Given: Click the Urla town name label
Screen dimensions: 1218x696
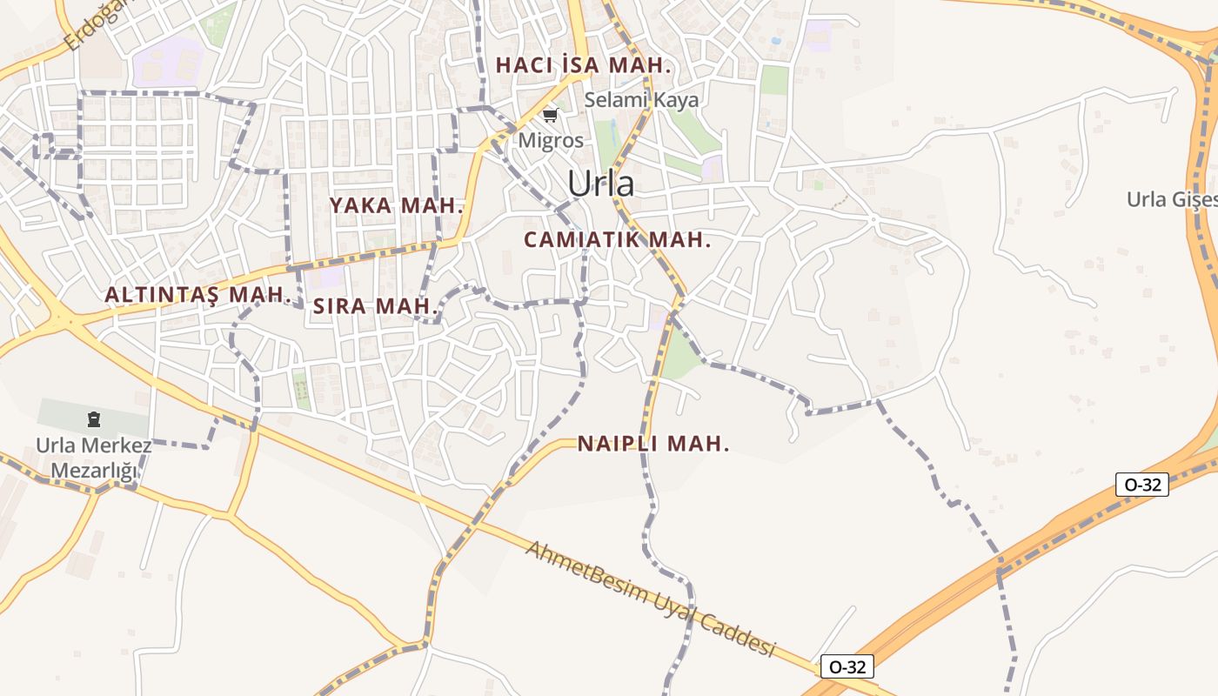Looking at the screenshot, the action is pyautogui.click(x=600, y=184).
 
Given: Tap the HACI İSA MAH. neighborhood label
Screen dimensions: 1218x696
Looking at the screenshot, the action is pyautogui.click(x=583, y=65).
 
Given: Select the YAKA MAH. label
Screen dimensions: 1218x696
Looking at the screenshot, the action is pyautogui.click(x=395, y=206).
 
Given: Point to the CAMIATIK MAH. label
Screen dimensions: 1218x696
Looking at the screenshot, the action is pyautogui.click(x=617, y=240).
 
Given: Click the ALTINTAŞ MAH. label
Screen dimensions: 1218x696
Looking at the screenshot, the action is pyautogui.click(x=197, y=295).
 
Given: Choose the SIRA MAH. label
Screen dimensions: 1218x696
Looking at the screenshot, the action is pyautogui.click(x=374, y=306).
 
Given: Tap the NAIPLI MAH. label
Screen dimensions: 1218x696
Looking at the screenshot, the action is pyautogui.click(x=652, y=444).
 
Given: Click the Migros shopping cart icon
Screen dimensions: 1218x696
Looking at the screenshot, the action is pyautogui.click(x=550, y=115).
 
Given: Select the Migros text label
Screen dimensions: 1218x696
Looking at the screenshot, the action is pyautogui.click(x=551, y=139).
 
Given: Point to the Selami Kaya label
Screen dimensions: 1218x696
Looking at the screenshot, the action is pyautogui.click(x=641, y=100).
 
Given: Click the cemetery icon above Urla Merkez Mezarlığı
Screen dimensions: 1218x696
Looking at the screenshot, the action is pyautogui.click(x=93, y=420).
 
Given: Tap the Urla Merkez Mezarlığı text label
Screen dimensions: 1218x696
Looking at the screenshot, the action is pyautogui.click(x=94, y=458).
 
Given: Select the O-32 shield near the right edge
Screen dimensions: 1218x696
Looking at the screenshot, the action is pyautogui.click(x=1141, y=485).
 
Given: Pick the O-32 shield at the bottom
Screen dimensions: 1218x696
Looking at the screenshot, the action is pyautogui.click(x=847, y=667).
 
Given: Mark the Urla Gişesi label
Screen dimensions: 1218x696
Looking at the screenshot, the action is pyautogui.click(x=1171, y=199).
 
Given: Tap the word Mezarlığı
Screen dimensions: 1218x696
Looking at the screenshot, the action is pyautogui.click(x=94, y=472).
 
